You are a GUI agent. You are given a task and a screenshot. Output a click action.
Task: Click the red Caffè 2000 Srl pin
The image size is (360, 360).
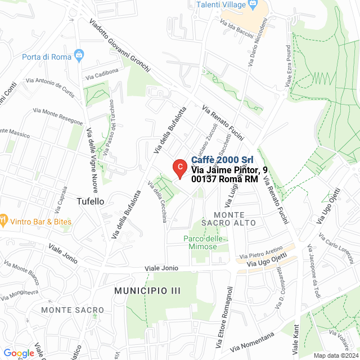coord(179,167)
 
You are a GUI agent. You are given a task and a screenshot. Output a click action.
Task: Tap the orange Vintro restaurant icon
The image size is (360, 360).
coord(3,219)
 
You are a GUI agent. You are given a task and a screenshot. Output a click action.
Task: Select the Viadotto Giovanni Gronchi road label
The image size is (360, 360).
coord(120,47)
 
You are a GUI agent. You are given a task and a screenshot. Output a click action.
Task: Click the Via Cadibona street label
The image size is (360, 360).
coord(102,74)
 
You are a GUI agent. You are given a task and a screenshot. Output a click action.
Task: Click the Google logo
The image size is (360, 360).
coord(19,353)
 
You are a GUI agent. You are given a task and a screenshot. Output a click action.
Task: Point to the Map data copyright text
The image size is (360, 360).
coord(336,355)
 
